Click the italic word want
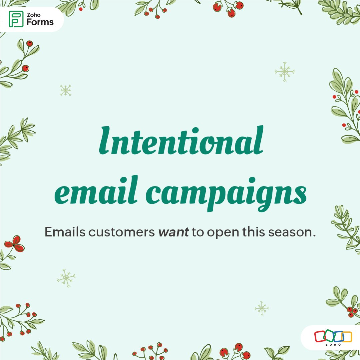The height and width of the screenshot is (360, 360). (173, 232)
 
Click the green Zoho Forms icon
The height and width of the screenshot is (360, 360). (16, 19)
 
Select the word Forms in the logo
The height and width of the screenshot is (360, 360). (40, 23)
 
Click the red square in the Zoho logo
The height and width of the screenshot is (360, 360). (320, 336)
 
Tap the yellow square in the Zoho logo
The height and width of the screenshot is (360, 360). (346, 336)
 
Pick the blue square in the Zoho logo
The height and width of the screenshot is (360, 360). (338, 336)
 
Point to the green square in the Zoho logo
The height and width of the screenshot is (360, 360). (329, 336)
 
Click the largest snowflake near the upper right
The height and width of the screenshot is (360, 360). (285, 72)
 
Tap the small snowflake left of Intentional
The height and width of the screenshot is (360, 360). (66, 90)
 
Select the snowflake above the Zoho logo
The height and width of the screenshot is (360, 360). (262, 308)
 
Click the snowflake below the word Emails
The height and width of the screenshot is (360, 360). (66, 278)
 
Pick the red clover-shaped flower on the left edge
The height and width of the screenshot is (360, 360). (14, 243)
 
